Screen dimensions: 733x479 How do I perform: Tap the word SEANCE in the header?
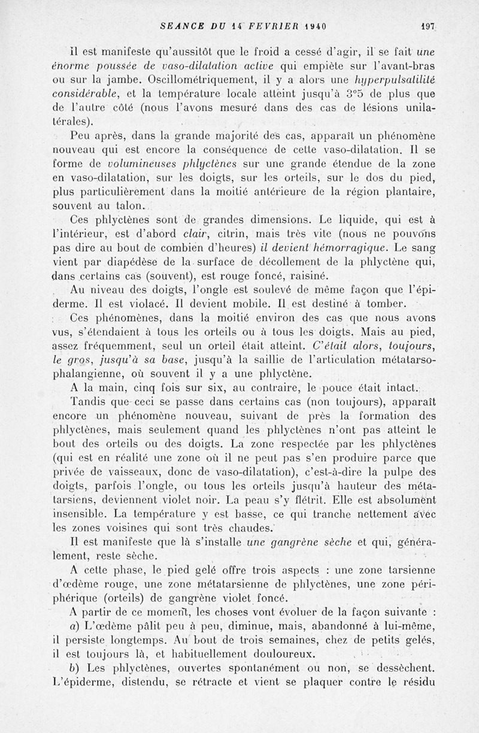click(181, 26)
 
